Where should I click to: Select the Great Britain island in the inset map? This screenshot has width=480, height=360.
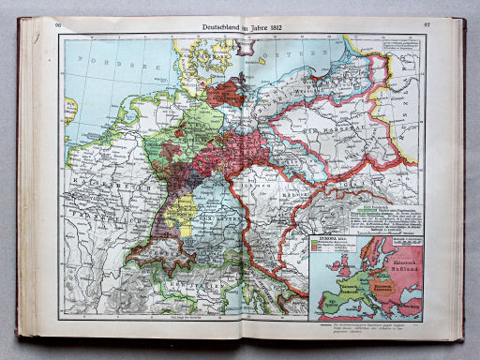[328, 265]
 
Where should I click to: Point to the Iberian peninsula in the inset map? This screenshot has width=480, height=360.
[323, 305]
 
